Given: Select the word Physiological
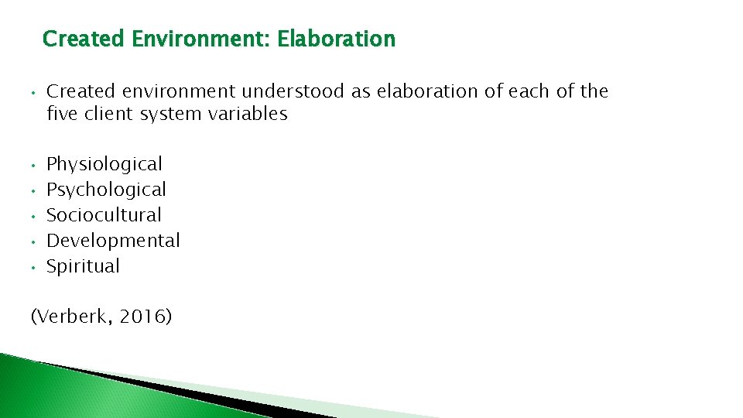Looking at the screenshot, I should [x=104, y=164].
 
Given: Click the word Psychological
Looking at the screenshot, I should [x=106, y=190].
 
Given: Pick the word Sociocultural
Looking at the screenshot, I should [x=104, y=215].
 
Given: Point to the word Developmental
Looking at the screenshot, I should [x=113, y=241].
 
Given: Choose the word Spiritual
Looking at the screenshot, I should [x=83, y=266].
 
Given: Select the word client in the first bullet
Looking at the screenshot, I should [x=104, y=115].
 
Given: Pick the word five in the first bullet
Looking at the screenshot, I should [x=60, y=115].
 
